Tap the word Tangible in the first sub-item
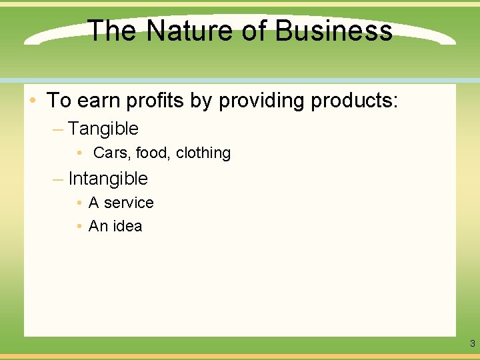103,128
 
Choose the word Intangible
108,179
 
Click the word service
129,203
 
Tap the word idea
127,226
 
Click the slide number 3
472,344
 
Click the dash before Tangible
57,129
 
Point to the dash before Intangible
57,179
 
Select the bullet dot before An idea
79,227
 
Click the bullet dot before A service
79,203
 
